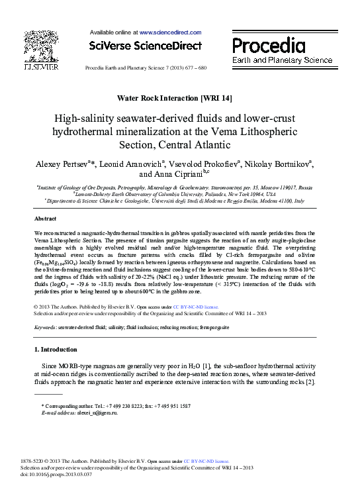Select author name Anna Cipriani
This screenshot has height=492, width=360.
[183, 175]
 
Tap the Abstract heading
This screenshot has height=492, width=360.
[45, 218]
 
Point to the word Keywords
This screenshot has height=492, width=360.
[44, 327]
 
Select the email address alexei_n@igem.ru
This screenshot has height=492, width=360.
[94, 413]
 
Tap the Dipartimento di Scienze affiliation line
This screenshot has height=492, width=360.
[174, 200]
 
